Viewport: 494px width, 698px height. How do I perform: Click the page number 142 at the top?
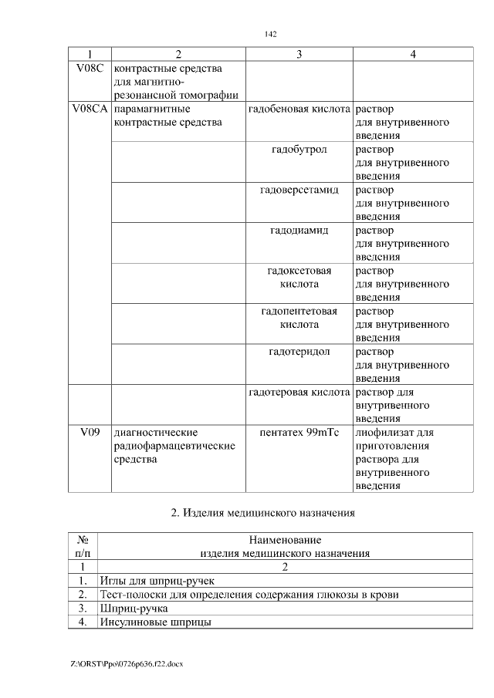point(269,35)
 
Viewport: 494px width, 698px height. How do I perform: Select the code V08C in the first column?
point(90,69)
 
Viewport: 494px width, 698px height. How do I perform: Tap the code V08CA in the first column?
point(90,110)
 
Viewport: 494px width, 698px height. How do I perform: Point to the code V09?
point(90,433)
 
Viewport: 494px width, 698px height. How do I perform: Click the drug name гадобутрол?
point(299,150)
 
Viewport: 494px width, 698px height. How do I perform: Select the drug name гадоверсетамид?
point(299,190)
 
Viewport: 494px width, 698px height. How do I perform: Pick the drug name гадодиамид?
point(299,231)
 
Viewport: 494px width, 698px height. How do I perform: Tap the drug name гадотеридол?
point(299,352)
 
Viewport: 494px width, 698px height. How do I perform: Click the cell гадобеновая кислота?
point(299,110)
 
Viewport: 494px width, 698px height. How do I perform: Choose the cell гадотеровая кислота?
point(299,393)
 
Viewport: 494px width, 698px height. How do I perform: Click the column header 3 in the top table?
point(299,54)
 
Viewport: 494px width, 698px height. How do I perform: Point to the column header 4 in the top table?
point(413,54)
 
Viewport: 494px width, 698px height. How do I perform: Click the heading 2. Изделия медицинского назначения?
point(269,512)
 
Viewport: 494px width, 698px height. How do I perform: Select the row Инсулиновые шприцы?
point(155,622)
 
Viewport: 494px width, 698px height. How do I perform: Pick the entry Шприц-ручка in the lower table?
point(132,608)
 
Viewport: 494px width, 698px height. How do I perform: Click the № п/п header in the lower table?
point(83,546)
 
